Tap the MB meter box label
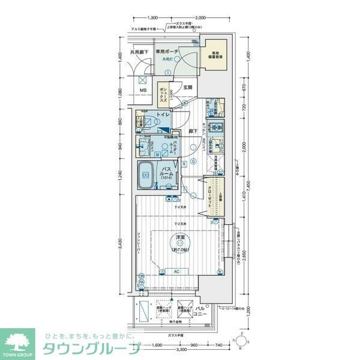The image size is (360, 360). coord(143,91)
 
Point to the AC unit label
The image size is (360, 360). coord(176,271)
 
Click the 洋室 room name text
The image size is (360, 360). coord(179,237)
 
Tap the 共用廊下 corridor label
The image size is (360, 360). coord(140,53)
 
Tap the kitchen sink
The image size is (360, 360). coord(216,145)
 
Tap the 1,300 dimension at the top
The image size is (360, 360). coord(152,18)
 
